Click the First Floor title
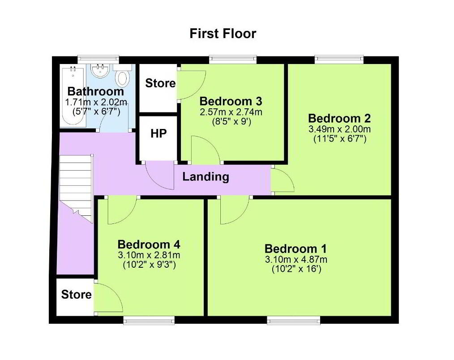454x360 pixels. coord(223,34)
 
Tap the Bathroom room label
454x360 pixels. coord(96,91)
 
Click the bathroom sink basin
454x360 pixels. coord(100,71)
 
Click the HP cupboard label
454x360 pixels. coord(158,133)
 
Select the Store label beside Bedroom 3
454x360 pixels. coord(160,83)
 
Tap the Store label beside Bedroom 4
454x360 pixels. coord(77,295)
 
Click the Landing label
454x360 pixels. coord(206,177)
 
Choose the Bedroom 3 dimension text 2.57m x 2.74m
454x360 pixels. coord(231,112)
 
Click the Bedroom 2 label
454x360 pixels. coord(339,119)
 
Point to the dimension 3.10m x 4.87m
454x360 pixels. coord(296,259)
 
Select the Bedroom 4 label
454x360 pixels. coord(149,245)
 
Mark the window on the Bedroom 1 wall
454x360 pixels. coord(294,320)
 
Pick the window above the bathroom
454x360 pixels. coord(99,60)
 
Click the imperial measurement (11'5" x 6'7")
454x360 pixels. coord(340,139)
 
